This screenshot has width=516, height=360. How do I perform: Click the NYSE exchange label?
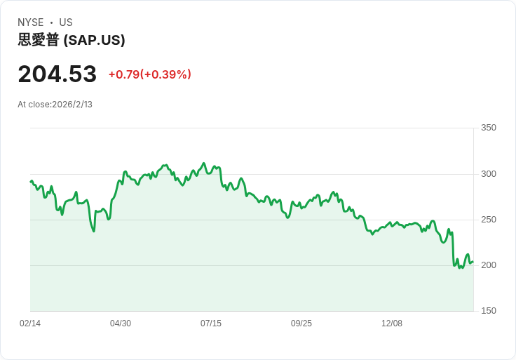click(31, 22)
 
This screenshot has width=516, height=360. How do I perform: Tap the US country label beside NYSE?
click(66, 22)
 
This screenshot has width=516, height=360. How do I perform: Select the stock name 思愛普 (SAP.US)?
click(72, 40)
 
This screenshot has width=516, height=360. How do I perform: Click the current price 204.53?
click(57, 74)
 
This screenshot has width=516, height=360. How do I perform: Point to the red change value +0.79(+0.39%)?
click(149, 74)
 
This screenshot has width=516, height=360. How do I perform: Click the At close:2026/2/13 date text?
click(55, 105)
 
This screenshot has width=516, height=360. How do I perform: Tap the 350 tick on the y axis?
click(489, 128)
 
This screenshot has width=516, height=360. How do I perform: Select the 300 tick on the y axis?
click(489, 174)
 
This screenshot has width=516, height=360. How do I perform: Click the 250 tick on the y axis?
click(489, 220)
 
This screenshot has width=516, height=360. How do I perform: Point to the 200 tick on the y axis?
click(489, 265)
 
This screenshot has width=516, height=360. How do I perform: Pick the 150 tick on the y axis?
click(489, 311)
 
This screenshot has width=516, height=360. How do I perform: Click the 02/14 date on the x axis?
click(30, 324)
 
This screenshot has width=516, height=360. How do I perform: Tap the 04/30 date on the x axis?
click(121, 324)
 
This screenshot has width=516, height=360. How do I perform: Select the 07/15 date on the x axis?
click(211, 324)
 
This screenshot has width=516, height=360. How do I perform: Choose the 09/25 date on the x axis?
click(301, 324)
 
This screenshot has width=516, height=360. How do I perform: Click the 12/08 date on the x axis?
click(392, 324)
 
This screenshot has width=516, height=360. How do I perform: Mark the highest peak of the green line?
click(204, 163)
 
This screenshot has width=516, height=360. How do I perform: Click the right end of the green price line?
click(473, 262)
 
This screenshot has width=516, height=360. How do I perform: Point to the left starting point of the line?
click(30, 181)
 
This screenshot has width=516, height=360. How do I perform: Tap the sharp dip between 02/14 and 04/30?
click(93, 231)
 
